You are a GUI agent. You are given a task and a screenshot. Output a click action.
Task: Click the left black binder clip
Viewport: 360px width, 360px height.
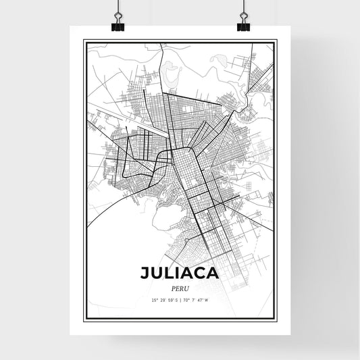point(117,25)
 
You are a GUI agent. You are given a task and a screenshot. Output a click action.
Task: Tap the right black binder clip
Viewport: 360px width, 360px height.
point(243,25)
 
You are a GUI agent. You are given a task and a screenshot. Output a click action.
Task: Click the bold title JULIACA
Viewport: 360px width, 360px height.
point(179,273)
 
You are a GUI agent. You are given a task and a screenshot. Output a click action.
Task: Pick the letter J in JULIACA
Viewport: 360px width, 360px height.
point(145,273)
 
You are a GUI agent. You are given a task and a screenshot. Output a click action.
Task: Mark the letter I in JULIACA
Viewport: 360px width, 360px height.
point(181,273)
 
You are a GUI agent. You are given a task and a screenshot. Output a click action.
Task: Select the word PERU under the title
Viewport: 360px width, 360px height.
point(180,287)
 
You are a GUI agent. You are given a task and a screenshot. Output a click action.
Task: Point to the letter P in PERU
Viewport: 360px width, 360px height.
point(173,287)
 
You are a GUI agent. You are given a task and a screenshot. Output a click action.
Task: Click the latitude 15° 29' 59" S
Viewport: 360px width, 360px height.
point(163,299)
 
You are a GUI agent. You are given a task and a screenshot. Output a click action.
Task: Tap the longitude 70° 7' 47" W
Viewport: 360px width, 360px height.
point(197,299)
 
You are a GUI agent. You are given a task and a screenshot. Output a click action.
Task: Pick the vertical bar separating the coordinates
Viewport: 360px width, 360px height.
point(180,299)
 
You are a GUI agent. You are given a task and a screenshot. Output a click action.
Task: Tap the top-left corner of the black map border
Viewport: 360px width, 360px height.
point(84,41)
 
